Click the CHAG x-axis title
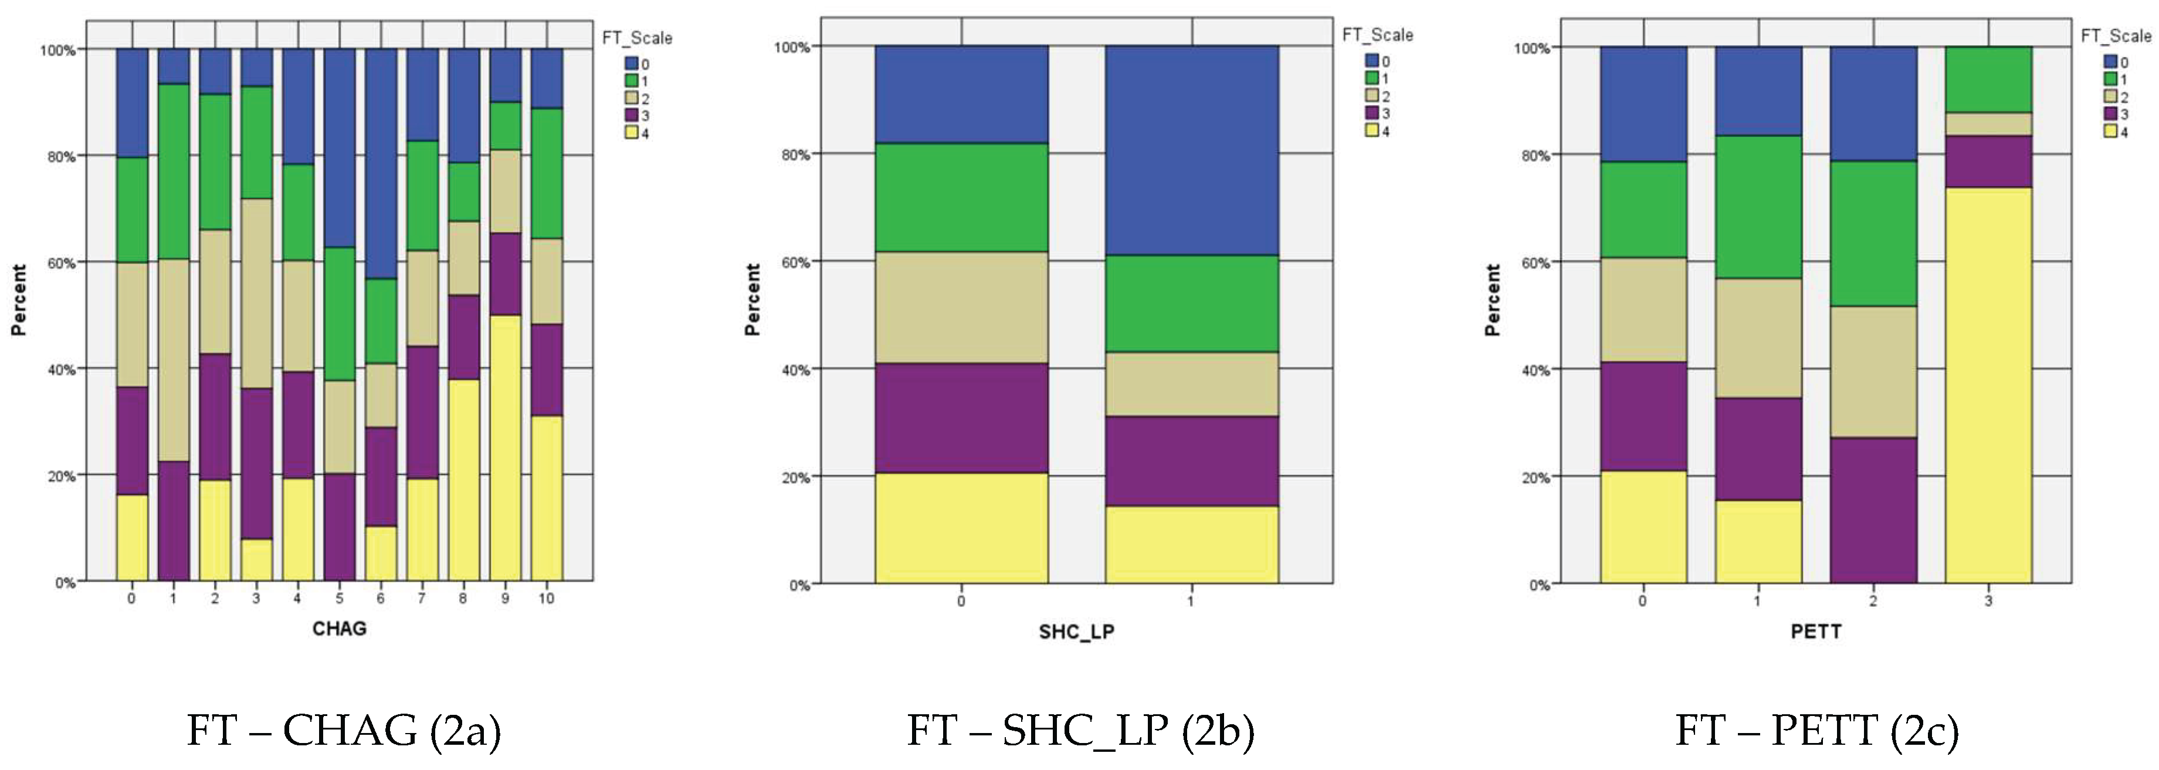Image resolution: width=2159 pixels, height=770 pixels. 340,628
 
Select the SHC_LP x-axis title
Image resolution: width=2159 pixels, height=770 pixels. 1076,631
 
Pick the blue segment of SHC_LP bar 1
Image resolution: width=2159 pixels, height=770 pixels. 1192,150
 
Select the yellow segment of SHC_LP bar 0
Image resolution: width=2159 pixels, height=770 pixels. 961,528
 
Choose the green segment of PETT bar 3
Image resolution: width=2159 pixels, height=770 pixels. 1988,80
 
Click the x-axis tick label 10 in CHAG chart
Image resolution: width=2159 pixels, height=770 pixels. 547,598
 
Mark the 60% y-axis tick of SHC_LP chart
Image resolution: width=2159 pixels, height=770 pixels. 792,262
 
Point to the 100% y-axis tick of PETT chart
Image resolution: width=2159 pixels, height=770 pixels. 1531,49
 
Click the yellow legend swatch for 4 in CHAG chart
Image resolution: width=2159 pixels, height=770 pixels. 631,133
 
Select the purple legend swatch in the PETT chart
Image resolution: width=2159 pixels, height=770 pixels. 2110,114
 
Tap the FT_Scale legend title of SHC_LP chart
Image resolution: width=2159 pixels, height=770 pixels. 1377,35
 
